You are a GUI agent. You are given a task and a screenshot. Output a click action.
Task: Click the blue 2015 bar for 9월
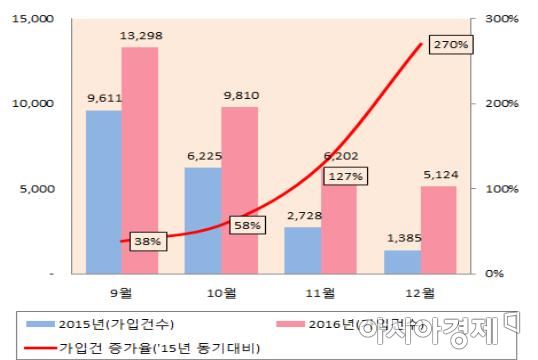tap(103, 191)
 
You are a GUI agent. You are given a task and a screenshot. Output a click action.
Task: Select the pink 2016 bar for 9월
tap(140, 160)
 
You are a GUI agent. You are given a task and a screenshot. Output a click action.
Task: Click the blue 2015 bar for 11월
tap(303, 250)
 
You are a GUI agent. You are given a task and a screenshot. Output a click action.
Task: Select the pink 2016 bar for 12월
tap(439, 229)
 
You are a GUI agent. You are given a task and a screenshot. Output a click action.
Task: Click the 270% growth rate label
tap(450, 45)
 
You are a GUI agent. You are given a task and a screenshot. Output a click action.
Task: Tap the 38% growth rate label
tap(146, 241)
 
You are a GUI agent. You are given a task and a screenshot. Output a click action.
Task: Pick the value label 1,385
tap(403, 241)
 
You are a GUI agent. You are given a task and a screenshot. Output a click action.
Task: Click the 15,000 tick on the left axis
tap(35, 19)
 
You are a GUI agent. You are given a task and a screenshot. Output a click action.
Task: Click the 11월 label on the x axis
tap(320, 293)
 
